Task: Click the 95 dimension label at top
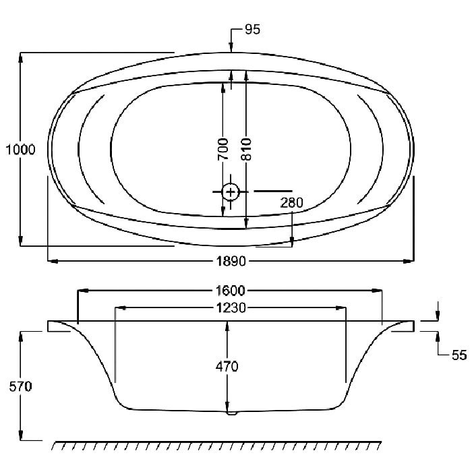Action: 252,30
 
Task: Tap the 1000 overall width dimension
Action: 20,150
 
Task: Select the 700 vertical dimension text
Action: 223,149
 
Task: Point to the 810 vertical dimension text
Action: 246,149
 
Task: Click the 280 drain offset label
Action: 291,203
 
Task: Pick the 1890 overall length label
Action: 231,262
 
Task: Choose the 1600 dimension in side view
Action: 231,291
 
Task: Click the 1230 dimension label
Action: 231,308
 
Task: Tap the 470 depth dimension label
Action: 227,367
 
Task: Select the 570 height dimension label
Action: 20,387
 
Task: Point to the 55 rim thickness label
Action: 459,355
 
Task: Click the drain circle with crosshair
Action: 231,191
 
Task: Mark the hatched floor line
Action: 216,446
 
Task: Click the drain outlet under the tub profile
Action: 232,413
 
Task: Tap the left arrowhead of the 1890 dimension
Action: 53,262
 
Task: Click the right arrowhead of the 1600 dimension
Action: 377,291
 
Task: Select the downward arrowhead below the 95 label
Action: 231,47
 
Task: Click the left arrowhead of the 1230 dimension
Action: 121,307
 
